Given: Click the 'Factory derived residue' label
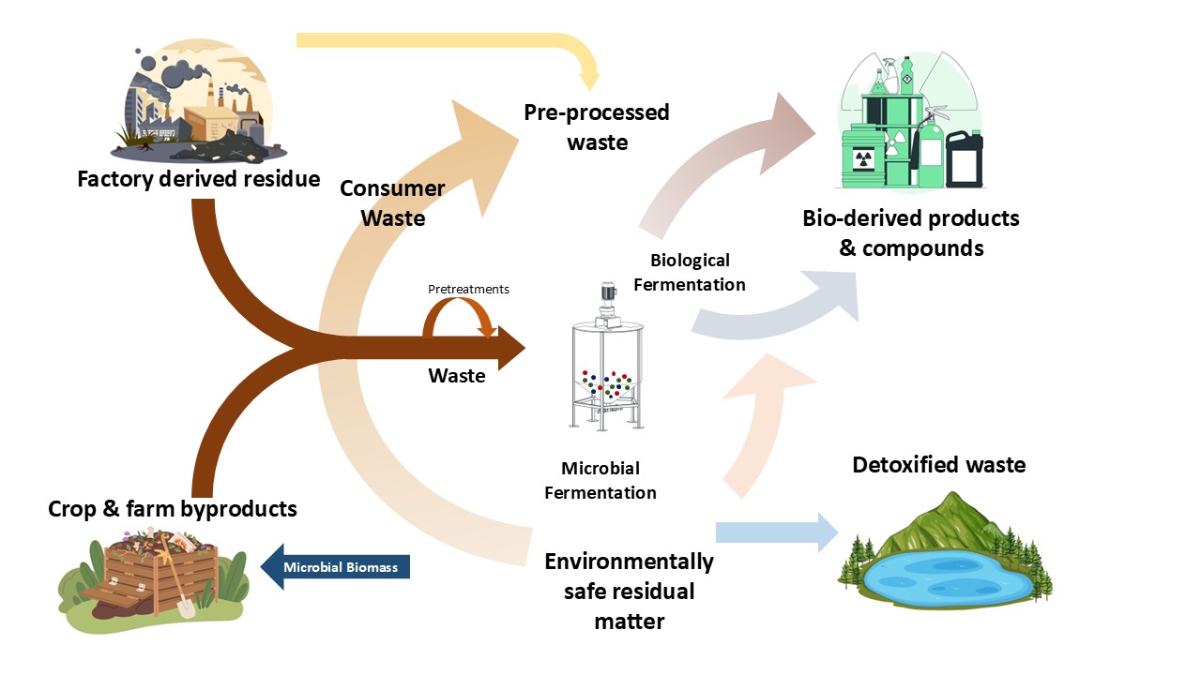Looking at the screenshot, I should click(x=198, y=178).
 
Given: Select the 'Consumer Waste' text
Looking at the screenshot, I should click(x=392, y=202).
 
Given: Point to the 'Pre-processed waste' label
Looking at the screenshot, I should click(x=597, y=127).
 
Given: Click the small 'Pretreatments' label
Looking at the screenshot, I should click(x=468, y=290).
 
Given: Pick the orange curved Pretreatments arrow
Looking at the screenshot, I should click(x=459, y=317).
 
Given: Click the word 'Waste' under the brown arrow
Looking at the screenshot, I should click(x=457, y=376).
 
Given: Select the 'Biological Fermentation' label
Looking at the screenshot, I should click(x=690, y=272).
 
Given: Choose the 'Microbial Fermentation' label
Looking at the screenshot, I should click(x=600, y=480).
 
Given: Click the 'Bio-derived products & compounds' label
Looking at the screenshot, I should click(x=910, y=232).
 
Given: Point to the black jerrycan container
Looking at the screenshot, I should click(x=964, y=159).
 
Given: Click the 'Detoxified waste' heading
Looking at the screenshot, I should click(x=938, y=465).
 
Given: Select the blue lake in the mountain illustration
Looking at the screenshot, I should click(x=948, y=581).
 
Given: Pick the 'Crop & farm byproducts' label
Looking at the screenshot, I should click(x=173, y=509).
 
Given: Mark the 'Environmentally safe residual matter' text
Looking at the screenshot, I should click(x=629, y=591).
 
